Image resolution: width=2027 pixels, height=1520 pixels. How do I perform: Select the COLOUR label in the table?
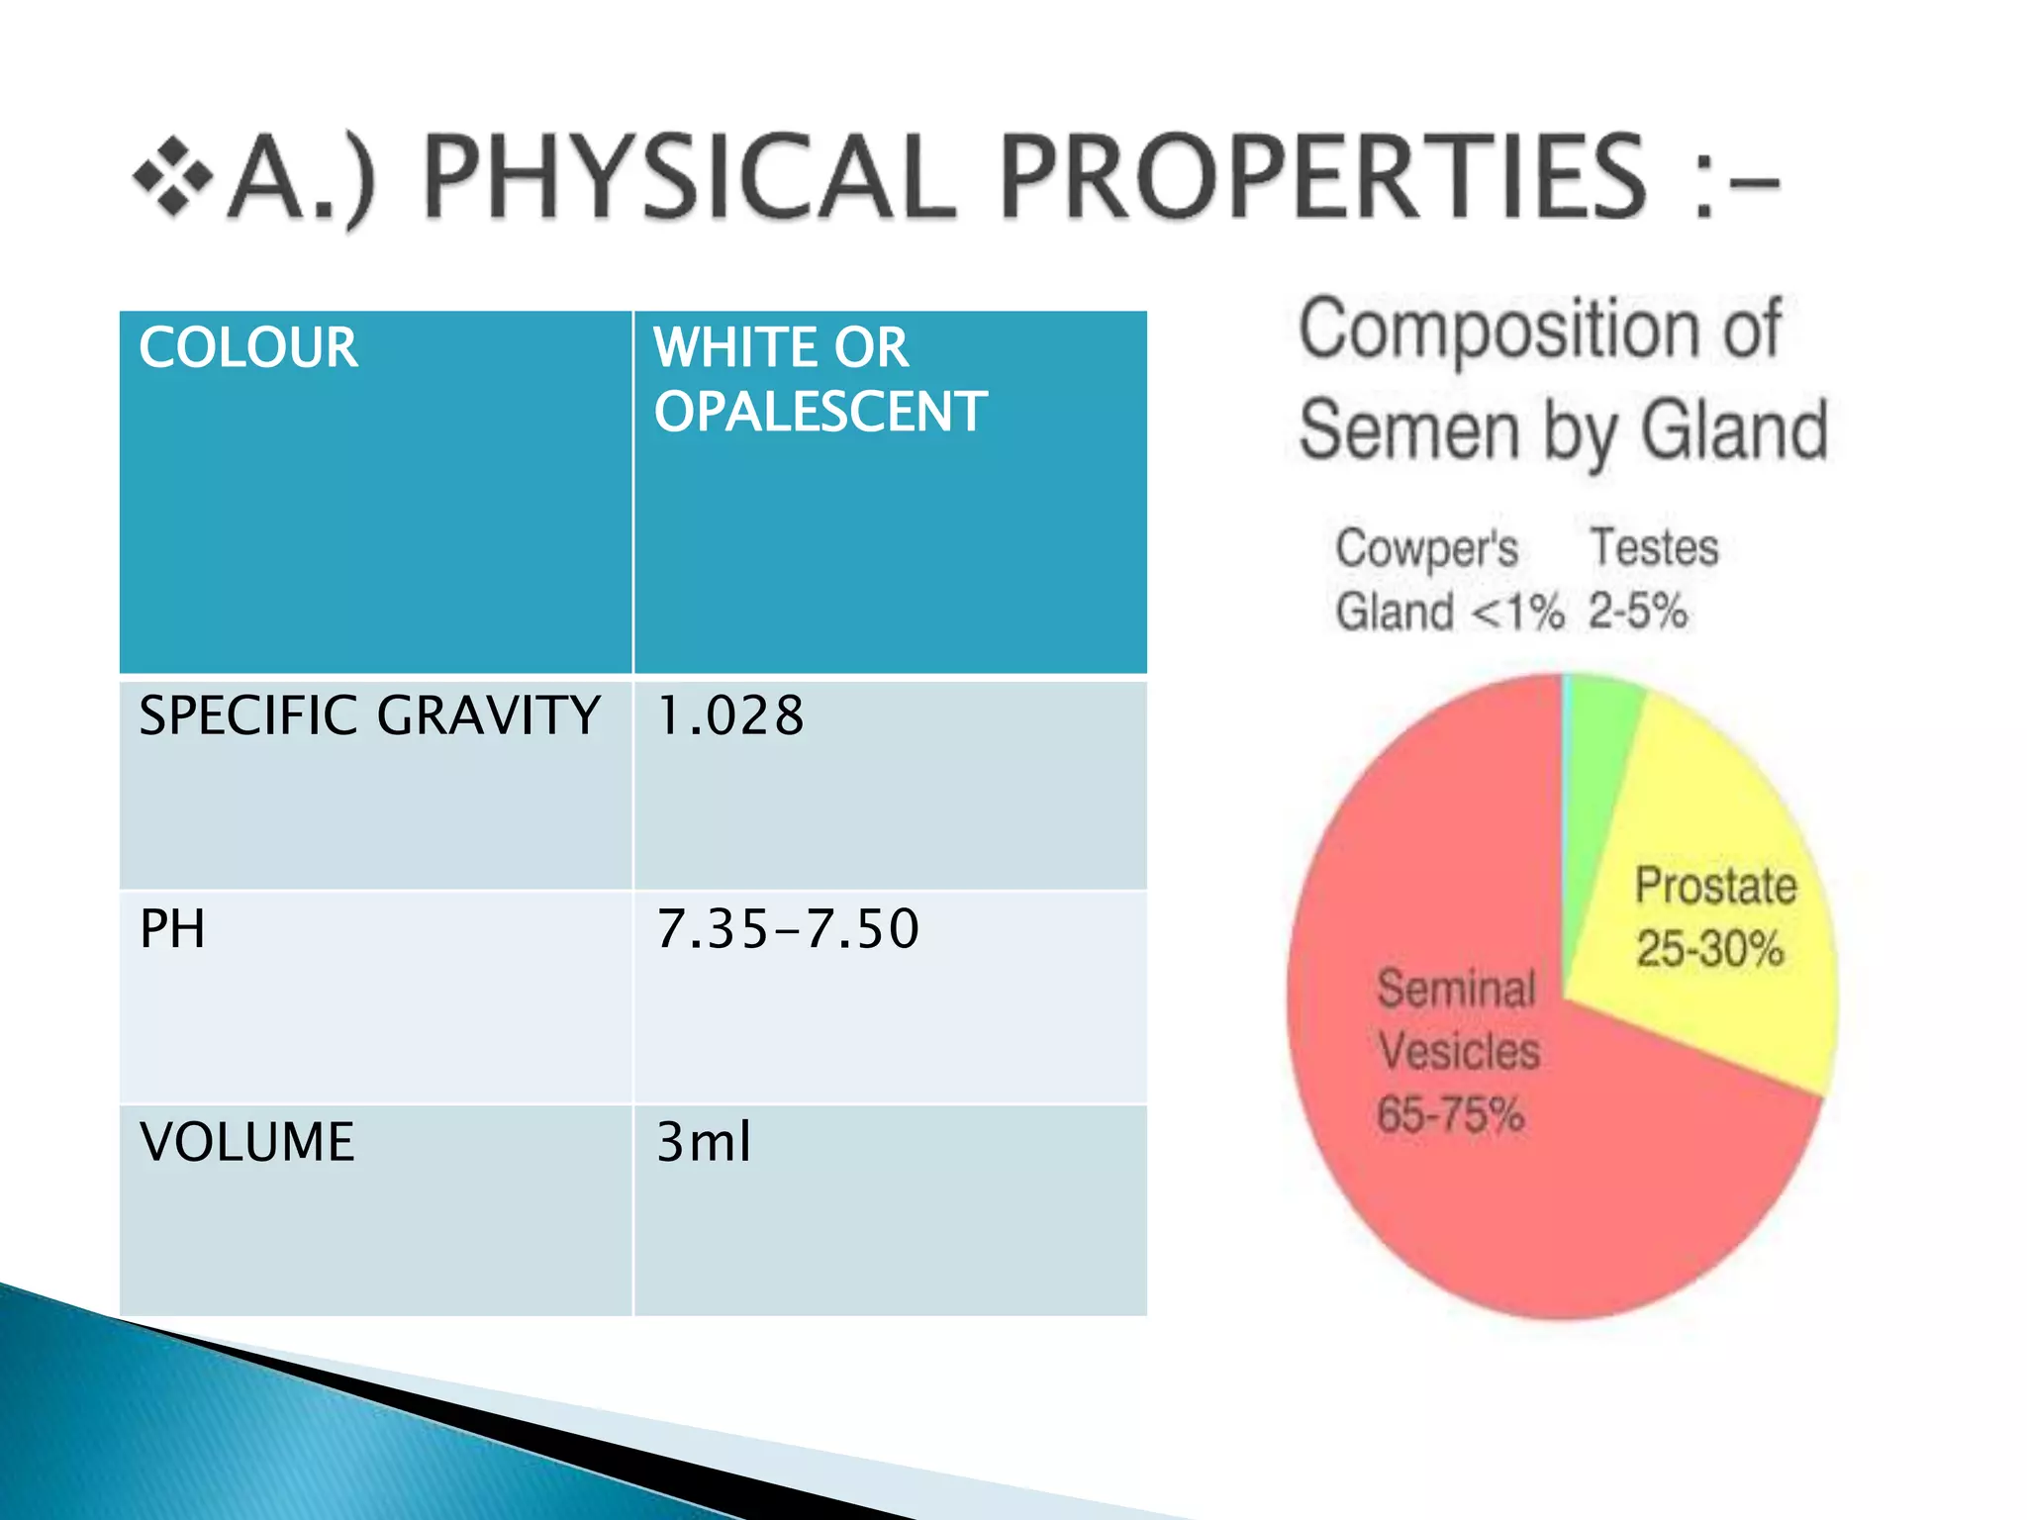coord(248,348)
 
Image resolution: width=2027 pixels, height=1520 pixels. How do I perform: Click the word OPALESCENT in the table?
coord(820,412)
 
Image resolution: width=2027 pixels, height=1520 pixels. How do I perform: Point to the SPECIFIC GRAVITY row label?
coord(369,715)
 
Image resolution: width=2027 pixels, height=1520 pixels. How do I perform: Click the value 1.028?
coord(730,715)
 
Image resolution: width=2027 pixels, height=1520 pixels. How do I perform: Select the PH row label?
coord(172,929)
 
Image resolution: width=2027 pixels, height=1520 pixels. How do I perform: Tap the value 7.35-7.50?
coord(788,929)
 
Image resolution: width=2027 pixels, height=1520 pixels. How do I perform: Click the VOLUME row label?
coord(246,1142)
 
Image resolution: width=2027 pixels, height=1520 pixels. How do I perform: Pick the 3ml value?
coord(704,1142)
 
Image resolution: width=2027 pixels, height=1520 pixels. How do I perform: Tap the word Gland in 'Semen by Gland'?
coord(1734,430)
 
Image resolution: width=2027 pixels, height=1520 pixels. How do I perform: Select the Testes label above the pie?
coord(1654,547)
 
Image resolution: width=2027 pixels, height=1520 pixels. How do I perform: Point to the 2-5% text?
coord(1638,611)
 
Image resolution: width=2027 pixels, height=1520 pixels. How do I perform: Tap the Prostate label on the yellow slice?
coord(1715,886)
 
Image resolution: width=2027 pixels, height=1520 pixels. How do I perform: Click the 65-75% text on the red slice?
coord(1450,1115)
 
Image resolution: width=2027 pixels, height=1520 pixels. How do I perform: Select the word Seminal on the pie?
coord(1456,989)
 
